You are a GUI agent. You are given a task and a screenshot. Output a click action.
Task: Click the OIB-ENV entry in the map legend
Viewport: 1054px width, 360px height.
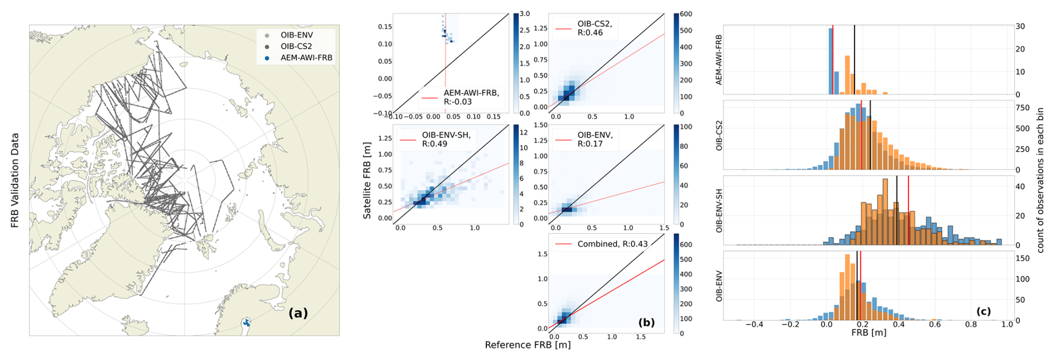296,35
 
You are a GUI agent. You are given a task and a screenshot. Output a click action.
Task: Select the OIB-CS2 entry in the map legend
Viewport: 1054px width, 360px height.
296,46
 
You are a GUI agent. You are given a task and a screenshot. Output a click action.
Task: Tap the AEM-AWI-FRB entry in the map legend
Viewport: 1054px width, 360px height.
306,58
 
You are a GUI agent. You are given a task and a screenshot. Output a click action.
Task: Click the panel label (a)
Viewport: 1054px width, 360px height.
298,313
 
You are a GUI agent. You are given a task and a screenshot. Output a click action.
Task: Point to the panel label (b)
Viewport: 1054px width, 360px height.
646,322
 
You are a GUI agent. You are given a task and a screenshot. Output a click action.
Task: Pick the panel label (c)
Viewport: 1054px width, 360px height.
983,311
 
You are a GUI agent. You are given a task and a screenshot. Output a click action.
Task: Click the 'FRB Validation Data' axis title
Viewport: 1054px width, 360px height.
15,180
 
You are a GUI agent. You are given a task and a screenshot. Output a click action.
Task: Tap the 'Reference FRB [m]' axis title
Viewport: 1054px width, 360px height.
528,345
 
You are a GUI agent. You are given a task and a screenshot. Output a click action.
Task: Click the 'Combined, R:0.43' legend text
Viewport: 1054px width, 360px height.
612,244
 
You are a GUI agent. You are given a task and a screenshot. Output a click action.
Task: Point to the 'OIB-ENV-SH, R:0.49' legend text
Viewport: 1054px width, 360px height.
446,139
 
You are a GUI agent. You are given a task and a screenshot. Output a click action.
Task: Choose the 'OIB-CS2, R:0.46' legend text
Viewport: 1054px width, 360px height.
594,28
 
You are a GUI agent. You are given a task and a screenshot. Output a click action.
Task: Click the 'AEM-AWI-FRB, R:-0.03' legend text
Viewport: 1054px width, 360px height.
471,97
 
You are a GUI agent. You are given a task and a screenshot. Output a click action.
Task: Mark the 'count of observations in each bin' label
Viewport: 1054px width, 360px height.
1040,180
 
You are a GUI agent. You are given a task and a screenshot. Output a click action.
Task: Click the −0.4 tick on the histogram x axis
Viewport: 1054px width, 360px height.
754,324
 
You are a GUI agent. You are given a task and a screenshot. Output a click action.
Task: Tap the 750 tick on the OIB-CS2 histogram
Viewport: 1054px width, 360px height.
1023,108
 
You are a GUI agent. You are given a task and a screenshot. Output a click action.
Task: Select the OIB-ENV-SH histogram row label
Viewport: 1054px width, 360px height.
719,211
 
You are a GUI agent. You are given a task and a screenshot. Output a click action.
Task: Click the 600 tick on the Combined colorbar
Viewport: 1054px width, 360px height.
686,245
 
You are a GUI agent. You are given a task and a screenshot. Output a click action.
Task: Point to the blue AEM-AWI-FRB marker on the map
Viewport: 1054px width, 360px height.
246,322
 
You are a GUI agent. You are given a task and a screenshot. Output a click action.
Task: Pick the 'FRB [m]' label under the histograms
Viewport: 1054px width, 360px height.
868,333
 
